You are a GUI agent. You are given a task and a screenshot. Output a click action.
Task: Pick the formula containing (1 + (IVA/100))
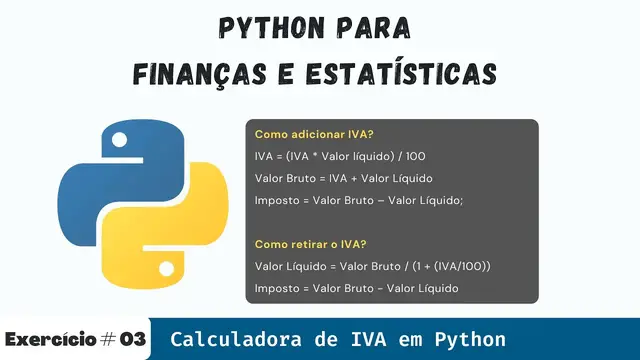tap(372, 267)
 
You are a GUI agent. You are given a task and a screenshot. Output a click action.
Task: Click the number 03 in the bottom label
tap(133, 339)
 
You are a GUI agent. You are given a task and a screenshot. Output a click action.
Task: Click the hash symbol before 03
tap(106, 339)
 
